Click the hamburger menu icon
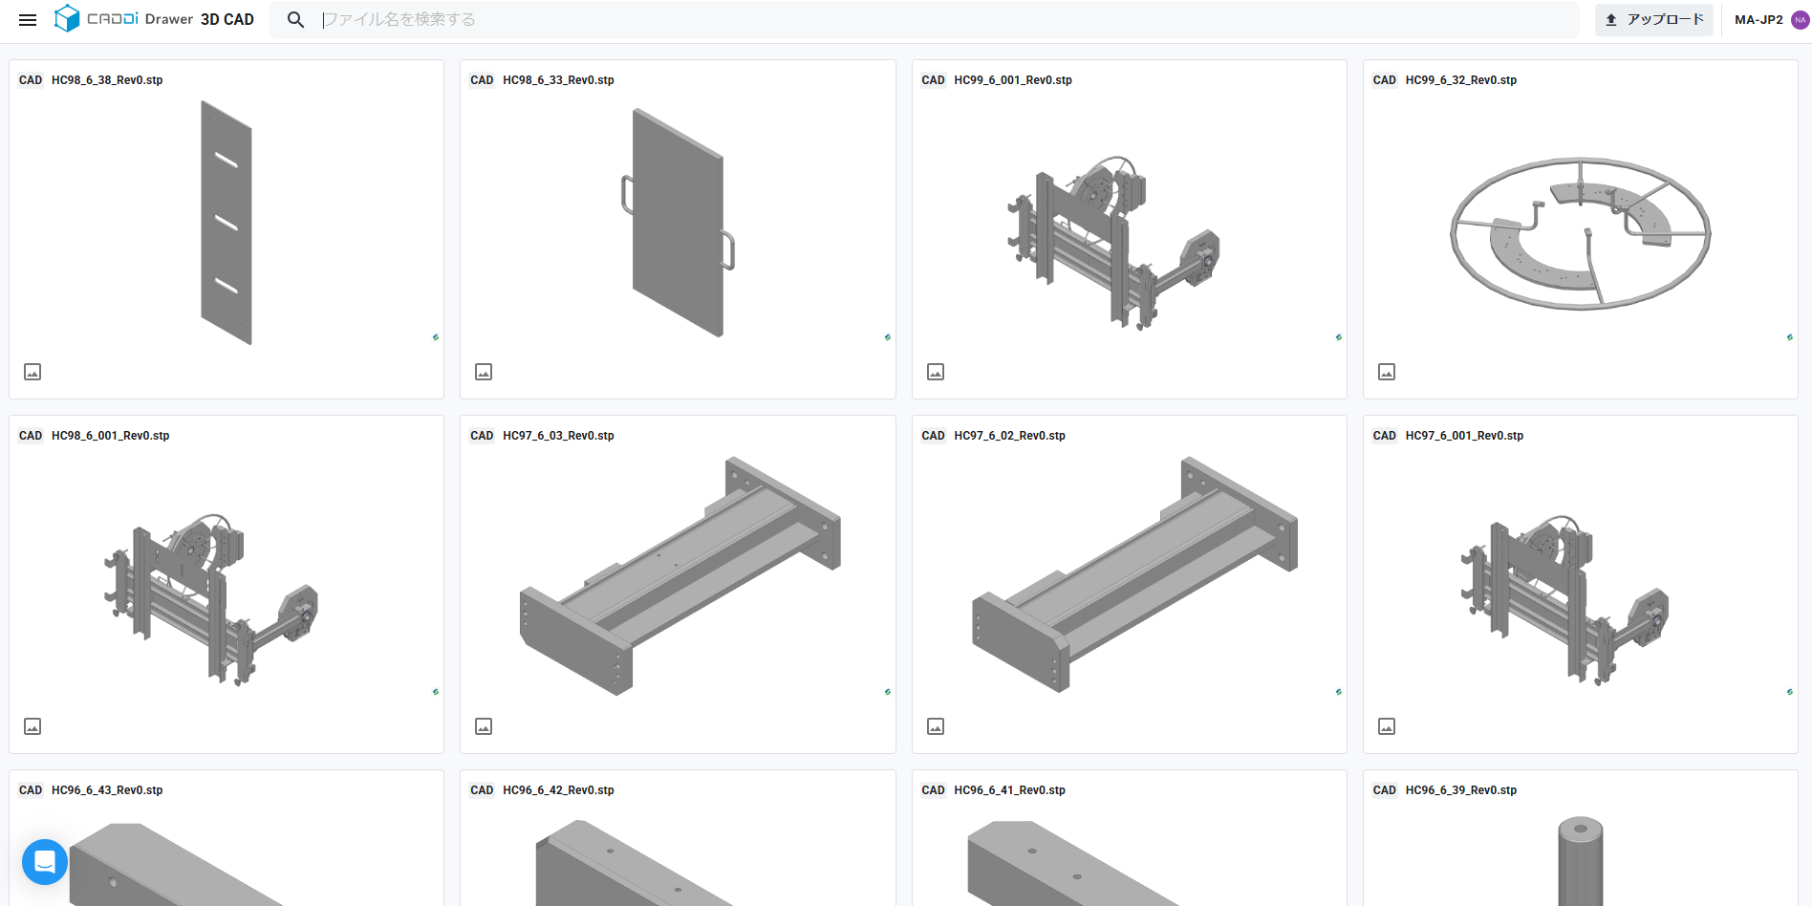tap(28, 20)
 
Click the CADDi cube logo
tap(67, 18)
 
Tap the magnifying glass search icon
tap(296, 20)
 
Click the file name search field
tap(946, 20)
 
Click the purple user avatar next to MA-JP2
tap(1800, 20)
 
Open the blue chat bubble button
tap(45, 862)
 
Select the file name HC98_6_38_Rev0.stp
tap(107, 80)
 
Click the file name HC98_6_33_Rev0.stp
tap(558, 80)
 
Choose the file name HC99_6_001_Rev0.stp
tap(1013, 80)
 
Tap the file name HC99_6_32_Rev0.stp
tap(1461, 80)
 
